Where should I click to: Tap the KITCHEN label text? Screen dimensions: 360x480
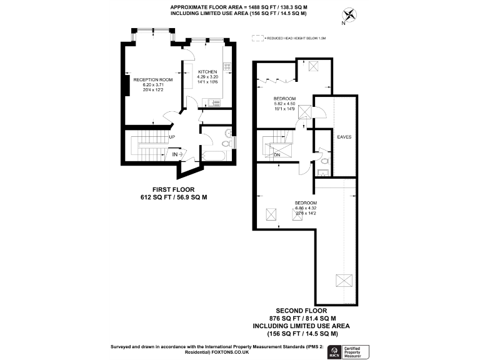(x=207, y=72)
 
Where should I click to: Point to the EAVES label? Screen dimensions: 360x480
(x=344, y=136)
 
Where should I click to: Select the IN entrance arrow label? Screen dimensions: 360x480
(x=175, y=153)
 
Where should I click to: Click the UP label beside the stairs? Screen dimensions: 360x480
(x=171, y=137)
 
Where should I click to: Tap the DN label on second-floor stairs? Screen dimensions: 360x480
(x=276, y=155)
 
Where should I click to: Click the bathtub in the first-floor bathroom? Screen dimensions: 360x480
(x=216, y=156)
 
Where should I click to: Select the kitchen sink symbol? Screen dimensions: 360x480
(x=216, y=101)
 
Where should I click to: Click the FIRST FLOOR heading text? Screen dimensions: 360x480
(x=173, y=189)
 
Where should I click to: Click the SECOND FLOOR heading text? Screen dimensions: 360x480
(x=301, y=310)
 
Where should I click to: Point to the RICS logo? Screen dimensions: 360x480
(x=334, y=351)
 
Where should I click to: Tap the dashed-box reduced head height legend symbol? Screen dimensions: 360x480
(x=256, y=38)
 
